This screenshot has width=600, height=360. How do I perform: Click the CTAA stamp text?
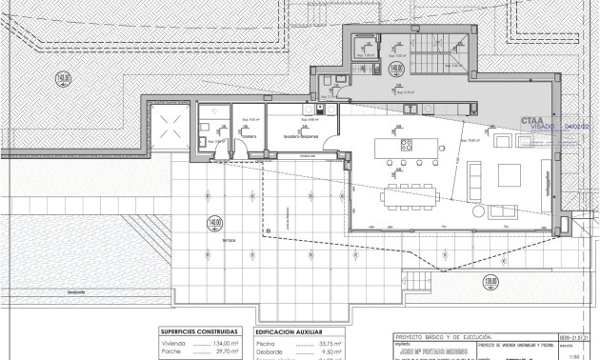(x=534, y=121)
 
